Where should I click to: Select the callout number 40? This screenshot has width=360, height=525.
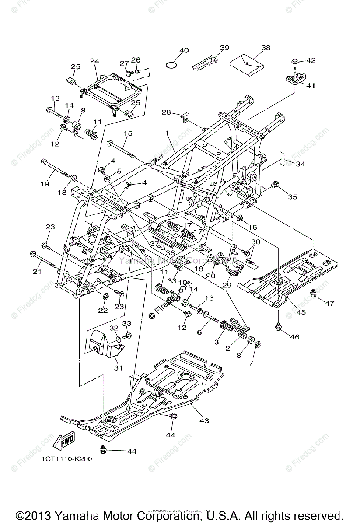coord(184,51)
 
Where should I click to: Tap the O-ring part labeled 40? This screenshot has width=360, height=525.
coord(173,65)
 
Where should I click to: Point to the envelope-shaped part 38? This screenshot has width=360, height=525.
coord(248,63)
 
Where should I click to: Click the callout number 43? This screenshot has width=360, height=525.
coord(204,420)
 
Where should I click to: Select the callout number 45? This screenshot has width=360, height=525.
coord(301,312)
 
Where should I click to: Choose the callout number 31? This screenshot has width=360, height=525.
coord(118,368)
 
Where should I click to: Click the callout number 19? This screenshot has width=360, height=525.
coord(45,184)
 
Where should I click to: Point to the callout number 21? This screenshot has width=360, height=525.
coord(37,272)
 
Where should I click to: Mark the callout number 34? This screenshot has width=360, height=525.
coord(301,164)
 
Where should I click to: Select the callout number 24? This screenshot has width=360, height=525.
coord(95,61)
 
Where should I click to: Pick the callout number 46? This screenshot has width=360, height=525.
coord(295,337)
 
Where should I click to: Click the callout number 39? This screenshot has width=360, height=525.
coord(224,48)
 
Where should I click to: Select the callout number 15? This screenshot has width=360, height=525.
coord(127,133)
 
